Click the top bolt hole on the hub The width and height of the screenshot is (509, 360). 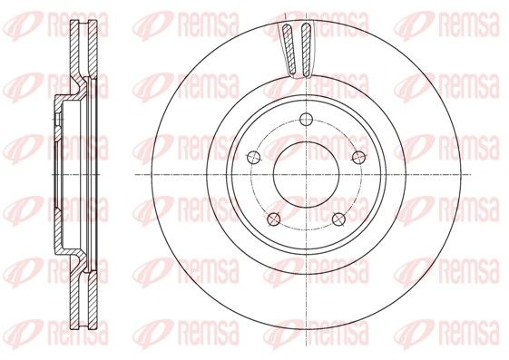tap(306, 120)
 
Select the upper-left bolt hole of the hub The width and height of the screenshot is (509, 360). tap(253, 157)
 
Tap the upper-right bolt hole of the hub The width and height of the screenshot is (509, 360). tap(358, 157)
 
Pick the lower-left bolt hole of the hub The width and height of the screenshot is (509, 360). tap(274, 219)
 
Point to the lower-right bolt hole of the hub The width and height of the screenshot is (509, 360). tap(338, 219)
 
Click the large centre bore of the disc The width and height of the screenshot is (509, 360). tap(306, 174)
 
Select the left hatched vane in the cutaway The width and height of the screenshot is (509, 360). tap(289, 49)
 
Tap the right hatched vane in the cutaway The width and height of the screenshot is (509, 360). tap(306, 50)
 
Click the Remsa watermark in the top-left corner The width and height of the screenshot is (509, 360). tap(55, 24)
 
